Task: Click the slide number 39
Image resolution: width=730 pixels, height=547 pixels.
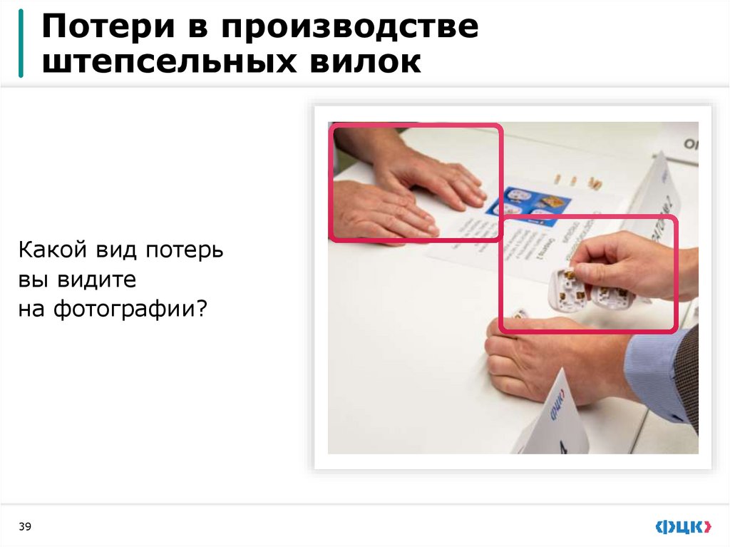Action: point(25,526)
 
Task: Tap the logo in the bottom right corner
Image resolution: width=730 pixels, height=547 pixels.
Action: point(683,527)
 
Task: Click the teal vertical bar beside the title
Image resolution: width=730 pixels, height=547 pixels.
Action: point(21,43)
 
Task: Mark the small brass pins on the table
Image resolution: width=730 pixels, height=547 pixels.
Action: point(577,180)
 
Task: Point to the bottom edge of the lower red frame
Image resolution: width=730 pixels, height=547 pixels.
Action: point(588,331)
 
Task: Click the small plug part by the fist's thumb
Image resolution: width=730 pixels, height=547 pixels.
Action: point(520,315)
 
